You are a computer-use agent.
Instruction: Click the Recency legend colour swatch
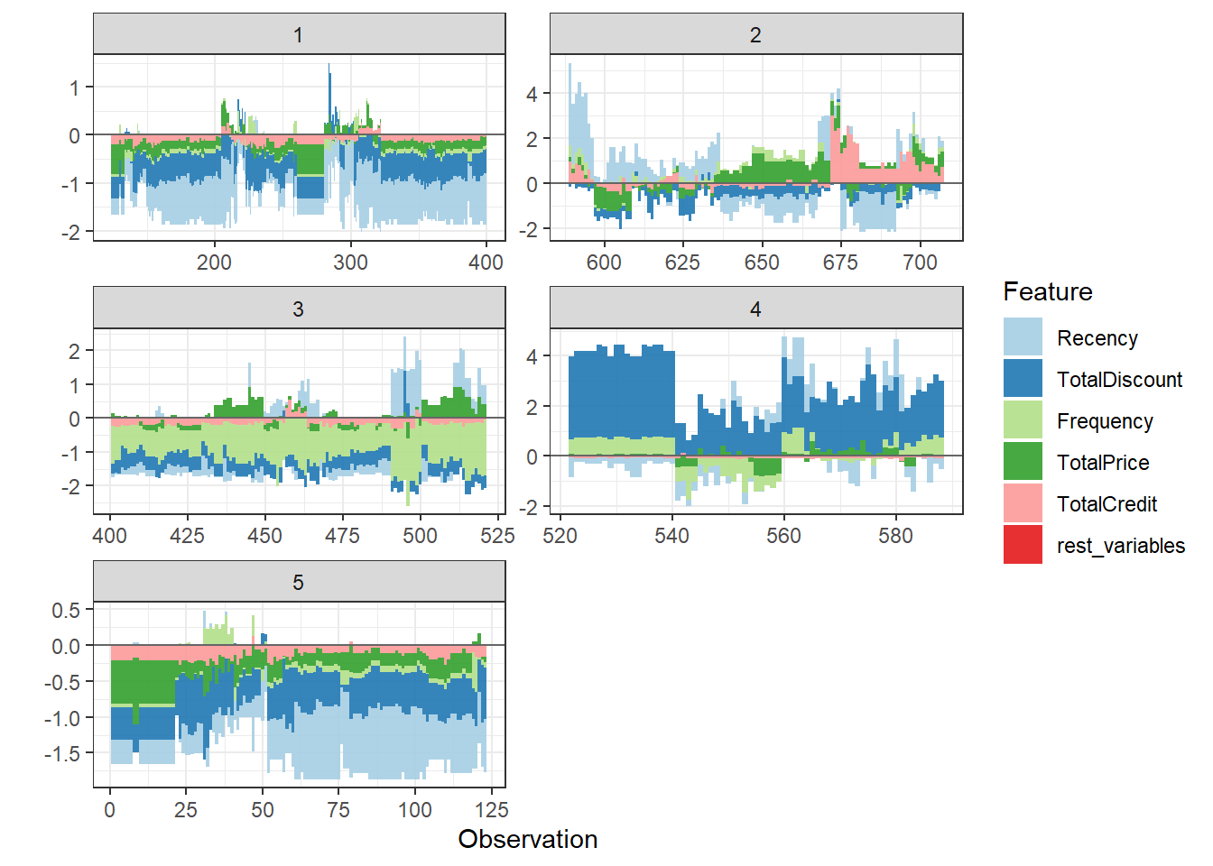1023,337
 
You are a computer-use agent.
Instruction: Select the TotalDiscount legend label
1119,380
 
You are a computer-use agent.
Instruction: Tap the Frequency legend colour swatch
1023,420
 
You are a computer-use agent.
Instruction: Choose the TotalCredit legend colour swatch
1023,503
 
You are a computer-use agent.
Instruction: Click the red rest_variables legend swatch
1023,545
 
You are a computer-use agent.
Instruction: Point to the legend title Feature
1047,291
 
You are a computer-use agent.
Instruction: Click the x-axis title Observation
528,839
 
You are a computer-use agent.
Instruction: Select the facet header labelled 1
299,35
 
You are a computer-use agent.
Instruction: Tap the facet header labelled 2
755,35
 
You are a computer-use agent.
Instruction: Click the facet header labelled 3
299,309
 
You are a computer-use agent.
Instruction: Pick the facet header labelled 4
755,309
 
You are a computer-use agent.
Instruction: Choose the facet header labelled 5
299,583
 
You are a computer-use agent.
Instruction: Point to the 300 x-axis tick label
350,263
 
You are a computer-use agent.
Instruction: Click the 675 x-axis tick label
840,263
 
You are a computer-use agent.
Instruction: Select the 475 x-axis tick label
342,536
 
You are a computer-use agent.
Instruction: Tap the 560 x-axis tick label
783,536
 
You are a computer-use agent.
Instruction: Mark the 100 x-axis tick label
415,810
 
